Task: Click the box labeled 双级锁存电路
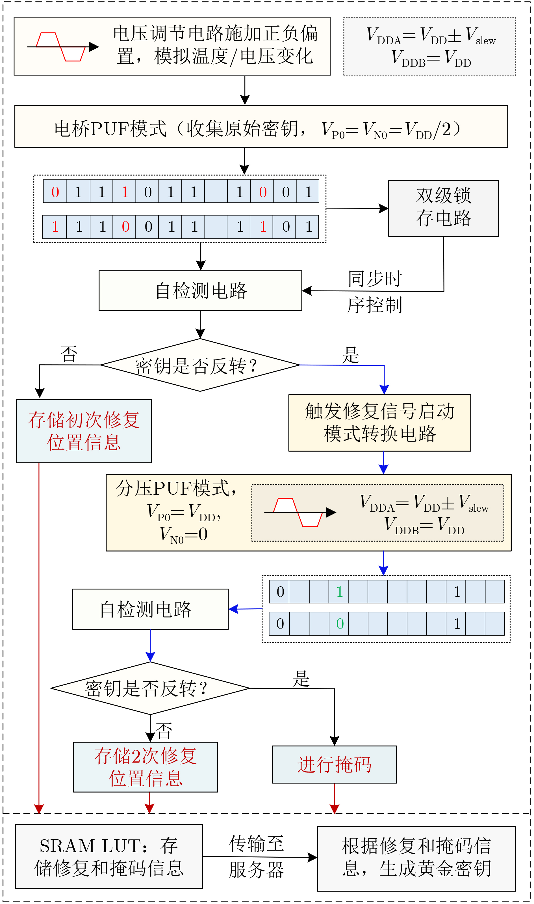[443, 208]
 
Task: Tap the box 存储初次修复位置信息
[84, 431]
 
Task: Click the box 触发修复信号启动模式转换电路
[380, 423]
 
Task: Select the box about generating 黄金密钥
[416, 859]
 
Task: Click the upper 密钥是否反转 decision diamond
[200, 365]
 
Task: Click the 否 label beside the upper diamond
[69, 354]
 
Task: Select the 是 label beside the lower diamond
[301, 679]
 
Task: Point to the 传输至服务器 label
[256, 857]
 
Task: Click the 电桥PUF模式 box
[261, 126]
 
